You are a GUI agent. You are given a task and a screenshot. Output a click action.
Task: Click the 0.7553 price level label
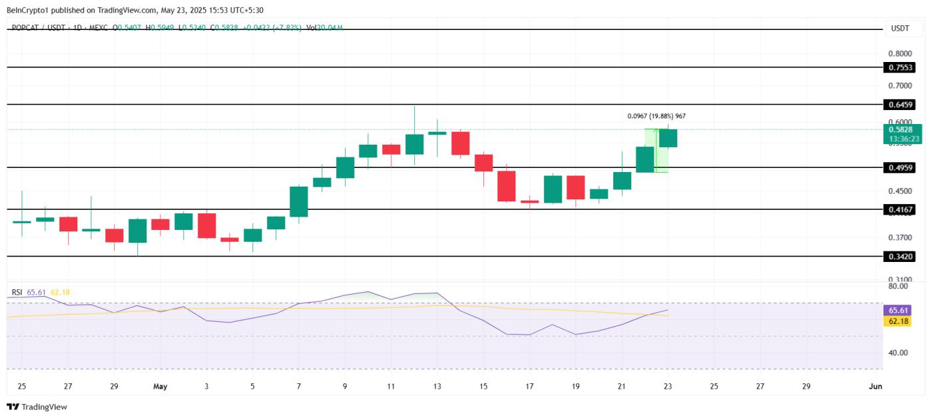pos(900,67)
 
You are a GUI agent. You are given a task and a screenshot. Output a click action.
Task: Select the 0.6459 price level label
pos(900,105)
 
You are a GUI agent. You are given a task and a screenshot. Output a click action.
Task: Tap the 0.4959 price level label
pos(900,167)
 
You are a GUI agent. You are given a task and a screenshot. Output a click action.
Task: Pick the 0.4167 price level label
pos(900,209)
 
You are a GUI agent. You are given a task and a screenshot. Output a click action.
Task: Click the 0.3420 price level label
pos(900,256)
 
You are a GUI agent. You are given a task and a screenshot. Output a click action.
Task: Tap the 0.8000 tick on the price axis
pos(900,53)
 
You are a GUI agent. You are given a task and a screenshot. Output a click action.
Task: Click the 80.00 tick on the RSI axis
pos(898,286)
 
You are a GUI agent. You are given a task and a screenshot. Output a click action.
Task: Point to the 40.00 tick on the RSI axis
pos(898,353)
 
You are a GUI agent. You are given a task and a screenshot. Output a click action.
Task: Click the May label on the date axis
pos(160,386)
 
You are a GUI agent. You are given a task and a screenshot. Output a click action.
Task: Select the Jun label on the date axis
pos(875,386)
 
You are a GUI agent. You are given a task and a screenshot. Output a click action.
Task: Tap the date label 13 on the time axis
pos(437,386)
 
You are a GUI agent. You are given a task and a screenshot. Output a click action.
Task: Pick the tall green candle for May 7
pos(299,201)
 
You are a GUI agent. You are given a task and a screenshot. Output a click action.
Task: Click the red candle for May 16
pos(507,186)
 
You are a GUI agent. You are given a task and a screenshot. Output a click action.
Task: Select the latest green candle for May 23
pos(668,138)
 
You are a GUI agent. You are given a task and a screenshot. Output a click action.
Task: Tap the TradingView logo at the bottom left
pos(37,407)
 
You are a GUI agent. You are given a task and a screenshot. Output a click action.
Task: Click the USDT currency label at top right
pos(899,28)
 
